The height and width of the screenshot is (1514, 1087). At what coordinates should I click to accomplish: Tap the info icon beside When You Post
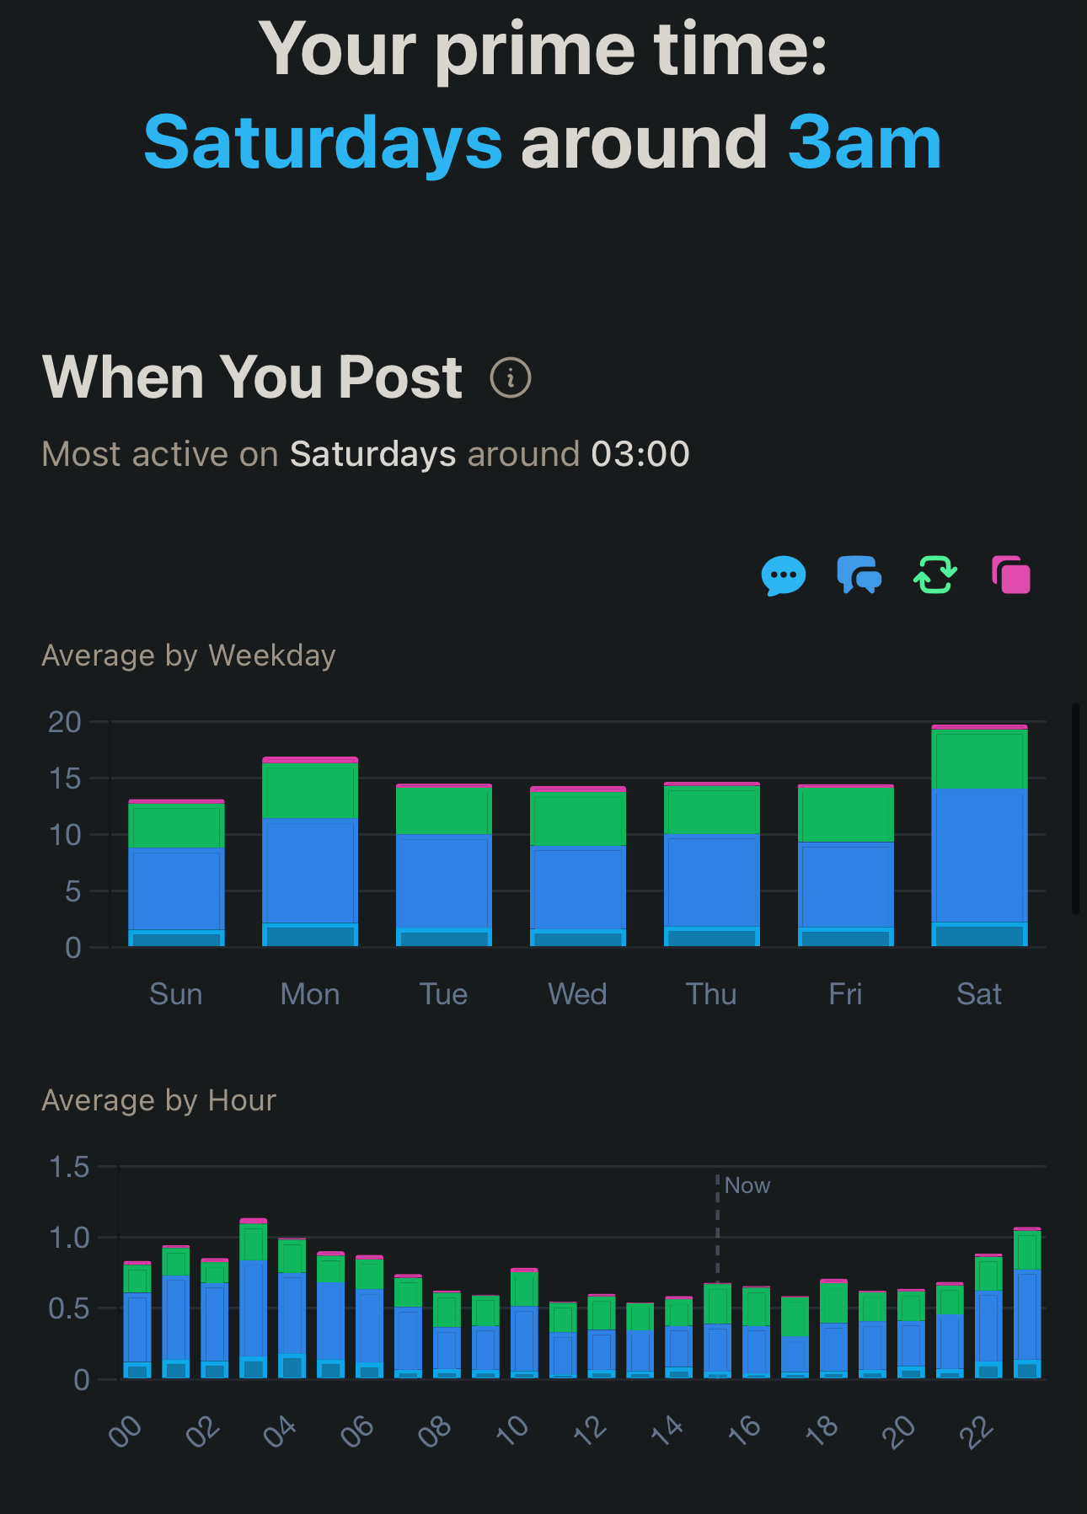[511, 377]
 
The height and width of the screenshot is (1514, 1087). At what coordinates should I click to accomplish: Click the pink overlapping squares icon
[1011, 575]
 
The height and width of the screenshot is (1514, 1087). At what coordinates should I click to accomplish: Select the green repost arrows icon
[935, 575]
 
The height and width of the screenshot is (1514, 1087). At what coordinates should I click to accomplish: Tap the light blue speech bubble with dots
[784, 575]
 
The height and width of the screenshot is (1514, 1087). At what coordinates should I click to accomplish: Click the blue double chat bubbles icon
[859, 575]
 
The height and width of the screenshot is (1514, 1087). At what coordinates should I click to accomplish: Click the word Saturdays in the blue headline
[323, 143]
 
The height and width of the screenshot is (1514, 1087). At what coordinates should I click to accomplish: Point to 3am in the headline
[865, 143]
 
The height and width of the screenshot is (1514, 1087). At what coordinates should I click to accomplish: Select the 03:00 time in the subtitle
[640, 454]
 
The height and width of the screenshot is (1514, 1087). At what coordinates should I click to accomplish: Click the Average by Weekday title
[189, 655]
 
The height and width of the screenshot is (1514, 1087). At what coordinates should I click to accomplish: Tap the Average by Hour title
[159, 1100]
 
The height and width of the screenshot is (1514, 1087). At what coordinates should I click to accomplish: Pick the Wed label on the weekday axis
[578, 994]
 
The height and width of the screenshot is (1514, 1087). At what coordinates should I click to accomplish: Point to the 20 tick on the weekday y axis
[65, 722]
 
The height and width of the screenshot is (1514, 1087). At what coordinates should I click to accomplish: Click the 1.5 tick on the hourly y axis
[69, 1167]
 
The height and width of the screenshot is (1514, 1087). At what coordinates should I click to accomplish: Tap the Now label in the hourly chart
[747, 1185]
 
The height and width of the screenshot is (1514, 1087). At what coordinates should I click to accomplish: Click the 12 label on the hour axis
[590, 1430]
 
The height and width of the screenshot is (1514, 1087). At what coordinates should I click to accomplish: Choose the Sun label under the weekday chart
[176, 994]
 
